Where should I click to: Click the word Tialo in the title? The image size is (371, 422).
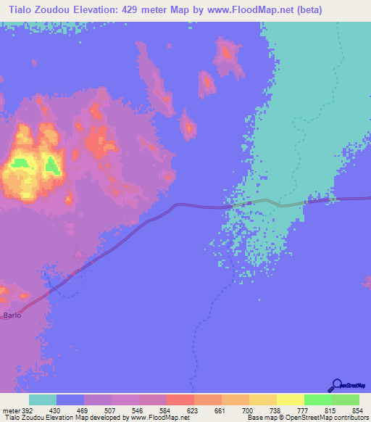pos(22,9)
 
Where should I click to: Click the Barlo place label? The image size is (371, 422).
pos(12,315)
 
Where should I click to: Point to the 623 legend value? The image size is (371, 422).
pos(193,410)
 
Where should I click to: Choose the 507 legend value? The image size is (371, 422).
pos(111,410)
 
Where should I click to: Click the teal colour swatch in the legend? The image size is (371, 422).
pos(43,400)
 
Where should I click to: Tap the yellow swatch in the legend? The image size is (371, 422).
pos(290,400)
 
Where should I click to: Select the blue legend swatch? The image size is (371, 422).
pos(70,400)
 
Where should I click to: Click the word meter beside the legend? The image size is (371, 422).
pos(10,410)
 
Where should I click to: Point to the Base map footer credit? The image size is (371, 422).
pos(263,418)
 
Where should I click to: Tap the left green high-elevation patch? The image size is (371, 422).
pos(21,162)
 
